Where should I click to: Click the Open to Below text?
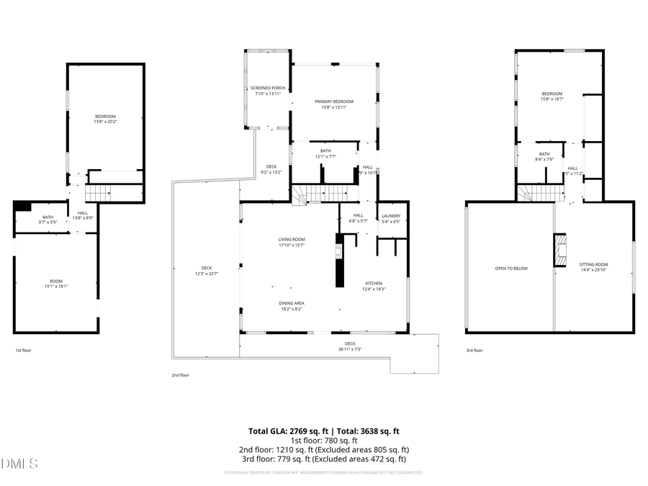click(511, 269)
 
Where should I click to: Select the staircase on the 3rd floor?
click(539, 192)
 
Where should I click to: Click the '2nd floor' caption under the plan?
click(180, 375)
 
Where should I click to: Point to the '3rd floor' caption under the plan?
click(474, 350)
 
